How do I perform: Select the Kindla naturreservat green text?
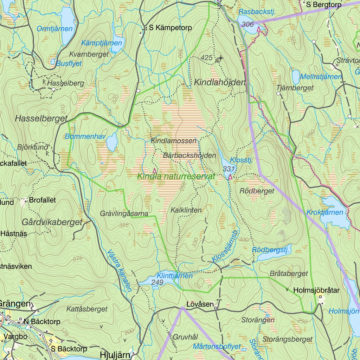176,176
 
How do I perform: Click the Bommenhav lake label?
85,136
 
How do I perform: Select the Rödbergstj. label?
270,250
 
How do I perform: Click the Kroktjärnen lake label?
324,212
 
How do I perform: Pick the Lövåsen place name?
200,304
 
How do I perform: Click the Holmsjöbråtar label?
316,290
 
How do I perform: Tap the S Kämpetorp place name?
170,28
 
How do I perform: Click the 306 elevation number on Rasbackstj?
248,24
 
